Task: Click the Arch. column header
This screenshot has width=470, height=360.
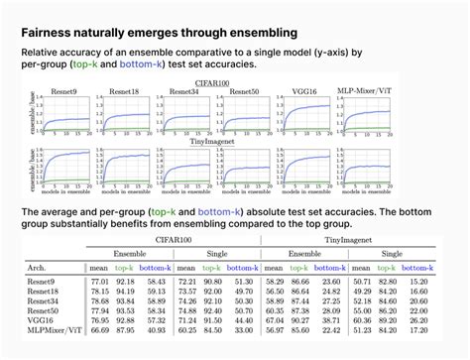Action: [x=40, y=268]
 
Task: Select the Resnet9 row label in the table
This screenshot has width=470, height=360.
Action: [x=47, y=283]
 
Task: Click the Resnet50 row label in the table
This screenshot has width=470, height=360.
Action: [x=48, y=309]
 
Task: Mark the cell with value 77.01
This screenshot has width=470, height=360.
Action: [x=100, y=283]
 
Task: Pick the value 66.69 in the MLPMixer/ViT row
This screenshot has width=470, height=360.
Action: [x=100, y=328]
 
